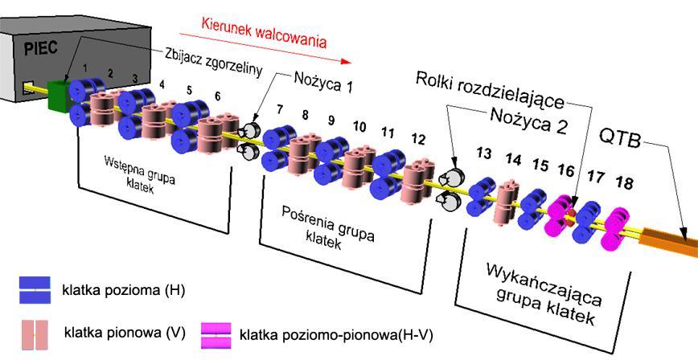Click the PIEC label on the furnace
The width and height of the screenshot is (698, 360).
pyautogui.click(x=41, y=48)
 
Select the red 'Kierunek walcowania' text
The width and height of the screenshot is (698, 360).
pyautogui.click(x=264, y=32)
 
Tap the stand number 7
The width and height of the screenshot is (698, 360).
pyautogui.click(x=280, y=109)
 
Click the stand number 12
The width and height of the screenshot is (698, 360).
pyautogui.click(x=418, y=140)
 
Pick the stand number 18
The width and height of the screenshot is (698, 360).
pyautogui.click(x=624, y=182)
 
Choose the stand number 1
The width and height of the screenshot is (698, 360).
pyautogui.click(x=85, y=68)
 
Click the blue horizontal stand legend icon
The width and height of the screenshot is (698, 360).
pyautogui.click(x=35, y=290)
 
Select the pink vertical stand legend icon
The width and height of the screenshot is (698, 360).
pyautogui.click(x=35, y=334)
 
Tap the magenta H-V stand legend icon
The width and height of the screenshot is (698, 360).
pyautogui.click(x=216, y=336)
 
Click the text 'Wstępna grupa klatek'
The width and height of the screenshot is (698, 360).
pyautogui.click(x=139, y=174)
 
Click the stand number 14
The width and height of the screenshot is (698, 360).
pyautogui.click(x=513, y=160)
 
